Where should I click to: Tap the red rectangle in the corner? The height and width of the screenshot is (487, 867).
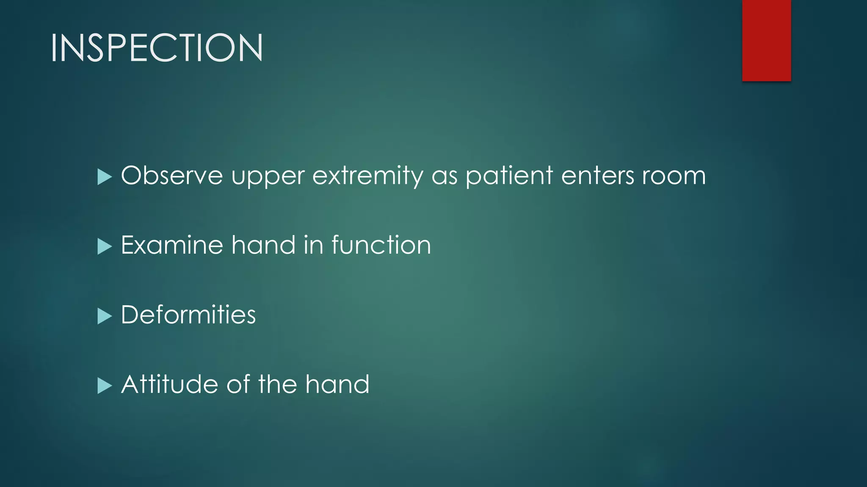766,40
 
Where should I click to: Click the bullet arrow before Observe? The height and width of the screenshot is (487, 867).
104,177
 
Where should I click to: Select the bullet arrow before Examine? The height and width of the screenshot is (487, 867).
104,246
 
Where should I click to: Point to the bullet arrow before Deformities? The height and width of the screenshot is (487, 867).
104,316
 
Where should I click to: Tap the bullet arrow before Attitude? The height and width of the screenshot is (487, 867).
104,386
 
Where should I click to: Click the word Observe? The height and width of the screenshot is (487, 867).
171,175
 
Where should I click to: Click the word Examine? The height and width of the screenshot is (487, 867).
171,245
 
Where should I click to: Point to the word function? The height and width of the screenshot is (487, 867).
381,245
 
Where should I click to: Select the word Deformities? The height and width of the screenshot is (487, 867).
188,315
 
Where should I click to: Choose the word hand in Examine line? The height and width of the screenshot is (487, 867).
263,245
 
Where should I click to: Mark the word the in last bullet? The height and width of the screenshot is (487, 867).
277,385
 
